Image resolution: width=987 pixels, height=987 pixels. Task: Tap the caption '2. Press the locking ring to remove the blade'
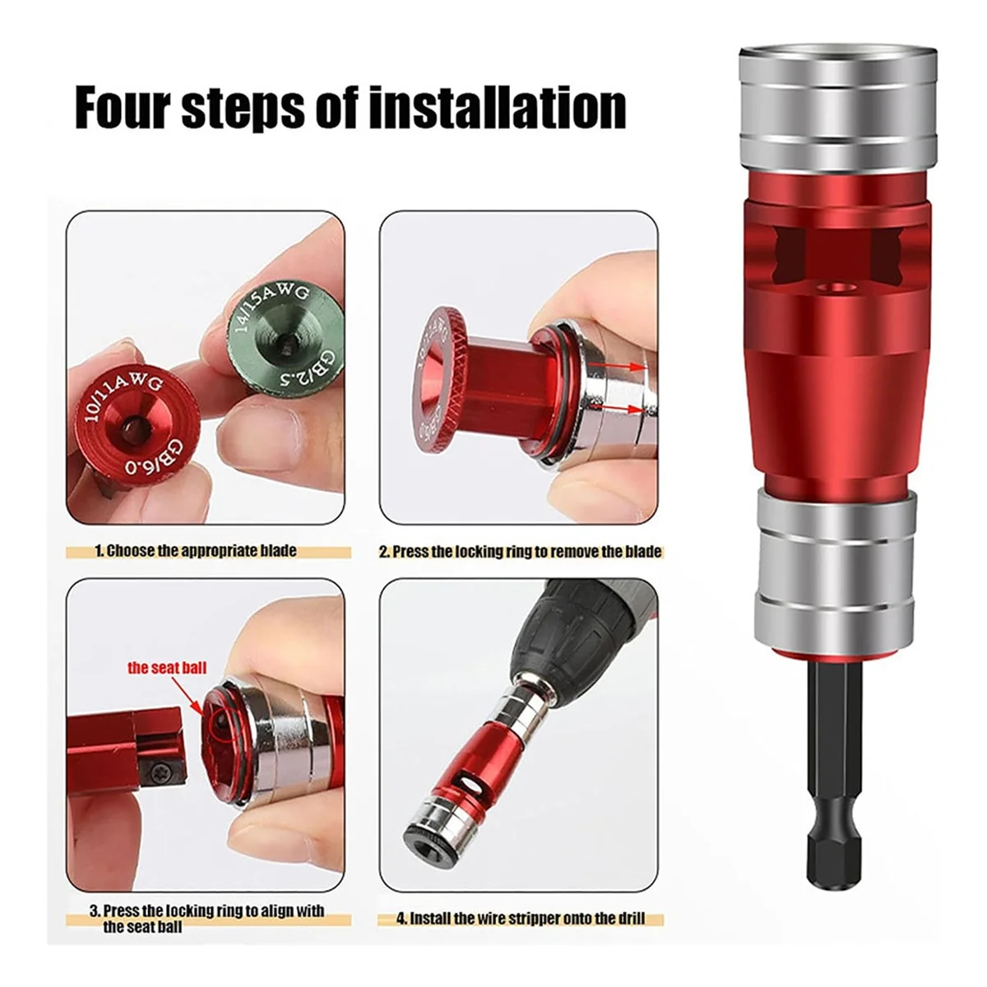point(520,552)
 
